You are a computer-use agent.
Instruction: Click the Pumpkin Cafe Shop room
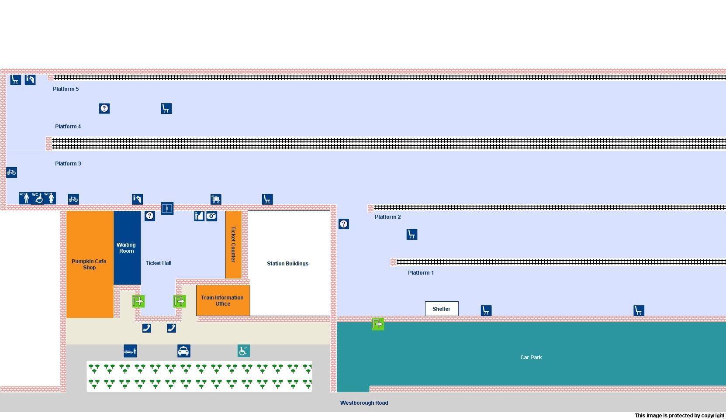click(x=90, y=264)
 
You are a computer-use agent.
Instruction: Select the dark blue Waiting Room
click(x=127, y=248)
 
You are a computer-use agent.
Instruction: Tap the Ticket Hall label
click(x=159, y=263)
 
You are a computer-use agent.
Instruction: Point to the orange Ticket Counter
click(x=233, y=244)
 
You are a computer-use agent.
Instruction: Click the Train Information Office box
click(x=223, y=300)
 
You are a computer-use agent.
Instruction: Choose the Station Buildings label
click(x=287, y=264)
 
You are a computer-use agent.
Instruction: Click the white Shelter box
click(x=442, y=309)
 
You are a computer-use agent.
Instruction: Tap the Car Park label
click(x=531, y=358)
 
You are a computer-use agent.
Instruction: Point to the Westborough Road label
click(x=364, y=403)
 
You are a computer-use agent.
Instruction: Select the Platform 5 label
click(x=66, y=89)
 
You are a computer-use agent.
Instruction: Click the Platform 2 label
click(x=387, y=217)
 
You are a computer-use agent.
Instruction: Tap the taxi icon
click(x=184, y=351)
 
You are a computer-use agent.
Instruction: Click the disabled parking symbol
click(x=244, y=351)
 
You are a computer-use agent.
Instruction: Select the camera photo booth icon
click(x=212, y=216)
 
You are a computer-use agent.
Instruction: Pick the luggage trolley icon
click(x=216, y=199)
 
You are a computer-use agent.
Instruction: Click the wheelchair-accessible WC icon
click(x=38, y=198)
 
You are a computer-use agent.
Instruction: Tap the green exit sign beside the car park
click(x=378, y=324)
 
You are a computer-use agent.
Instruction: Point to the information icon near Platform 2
click(x=344, y=224)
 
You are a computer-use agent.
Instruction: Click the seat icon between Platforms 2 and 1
click(x=412, y=234)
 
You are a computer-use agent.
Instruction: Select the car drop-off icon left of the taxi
click(x=130, y=351)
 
